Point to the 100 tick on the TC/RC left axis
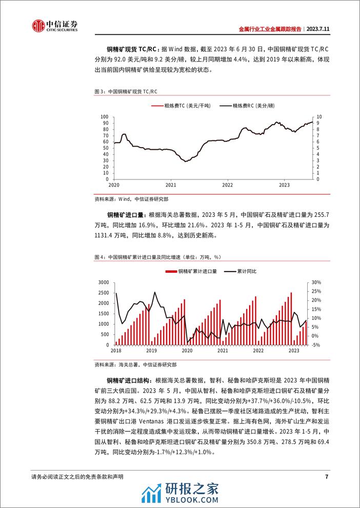click(104, 117)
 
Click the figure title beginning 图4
click(159, 256)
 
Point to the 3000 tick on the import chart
click(102, 282)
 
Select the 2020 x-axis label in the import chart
click(187, 351)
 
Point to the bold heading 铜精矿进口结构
click(129, 380)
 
